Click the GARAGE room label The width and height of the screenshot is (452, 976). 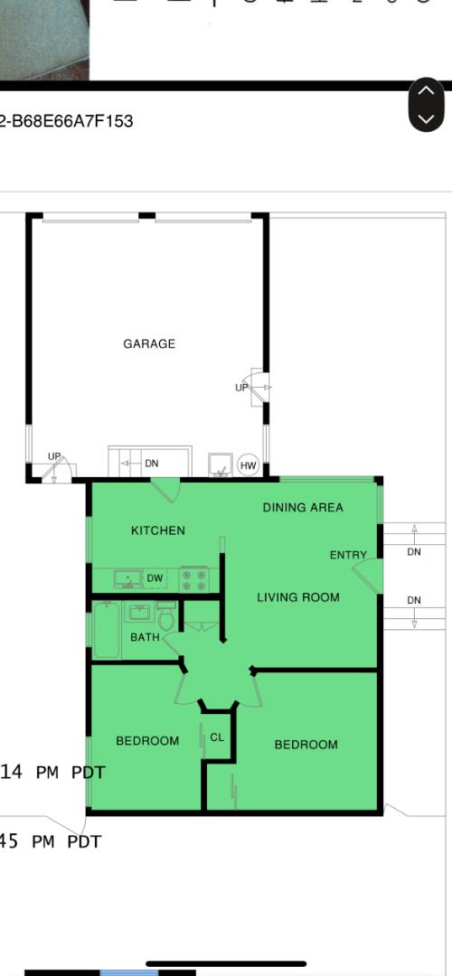149,343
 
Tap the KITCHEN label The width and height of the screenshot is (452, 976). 158,530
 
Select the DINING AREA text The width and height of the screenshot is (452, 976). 303,507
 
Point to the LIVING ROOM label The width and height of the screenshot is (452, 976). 298,597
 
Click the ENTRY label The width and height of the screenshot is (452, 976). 348,555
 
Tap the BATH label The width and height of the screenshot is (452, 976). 145,637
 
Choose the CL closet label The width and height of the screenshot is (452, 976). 217,737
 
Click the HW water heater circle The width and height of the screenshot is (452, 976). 249,466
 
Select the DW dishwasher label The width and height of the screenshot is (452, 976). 155,578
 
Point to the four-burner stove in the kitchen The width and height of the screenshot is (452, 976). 193,579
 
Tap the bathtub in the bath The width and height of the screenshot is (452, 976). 107,630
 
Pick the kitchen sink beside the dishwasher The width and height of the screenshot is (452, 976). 127,578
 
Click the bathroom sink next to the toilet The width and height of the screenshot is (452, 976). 139,614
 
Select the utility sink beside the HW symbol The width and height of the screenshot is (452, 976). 221,465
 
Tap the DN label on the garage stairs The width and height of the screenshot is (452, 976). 151,464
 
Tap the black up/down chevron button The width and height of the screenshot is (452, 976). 427,105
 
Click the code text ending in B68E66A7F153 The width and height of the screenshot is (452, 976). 67,121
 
